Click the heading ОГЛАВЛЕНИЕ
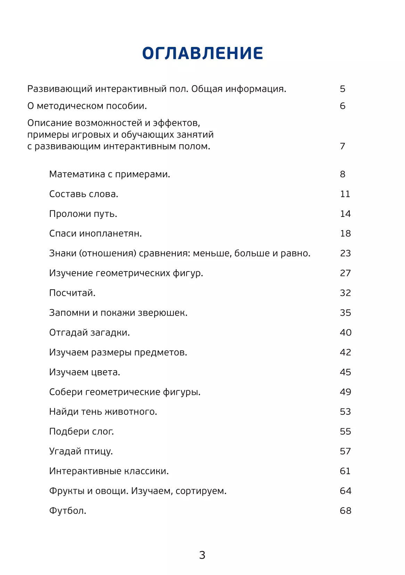point(202,53)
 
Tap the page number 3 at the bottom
point(202,555)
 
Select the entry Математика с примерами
point(109,174)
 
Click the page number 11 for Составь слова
point(345,194)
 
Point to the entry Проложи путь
point(83,214)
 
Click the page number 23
point(345,253)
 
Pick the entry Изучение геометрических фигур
point(126,273)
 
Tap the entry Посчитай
point(72,293)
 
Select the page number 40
point(346,333)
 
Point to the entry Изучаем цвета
point(84,372)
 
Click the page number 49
point(346,392)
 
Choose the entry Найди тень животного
point(103,412)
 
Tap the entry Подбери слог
point(81,432)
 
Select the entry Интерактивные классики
point(109,471)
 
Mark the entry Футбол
point(67,511)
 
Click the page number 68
point(346,511)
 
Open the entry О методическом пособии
point(87,106)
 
